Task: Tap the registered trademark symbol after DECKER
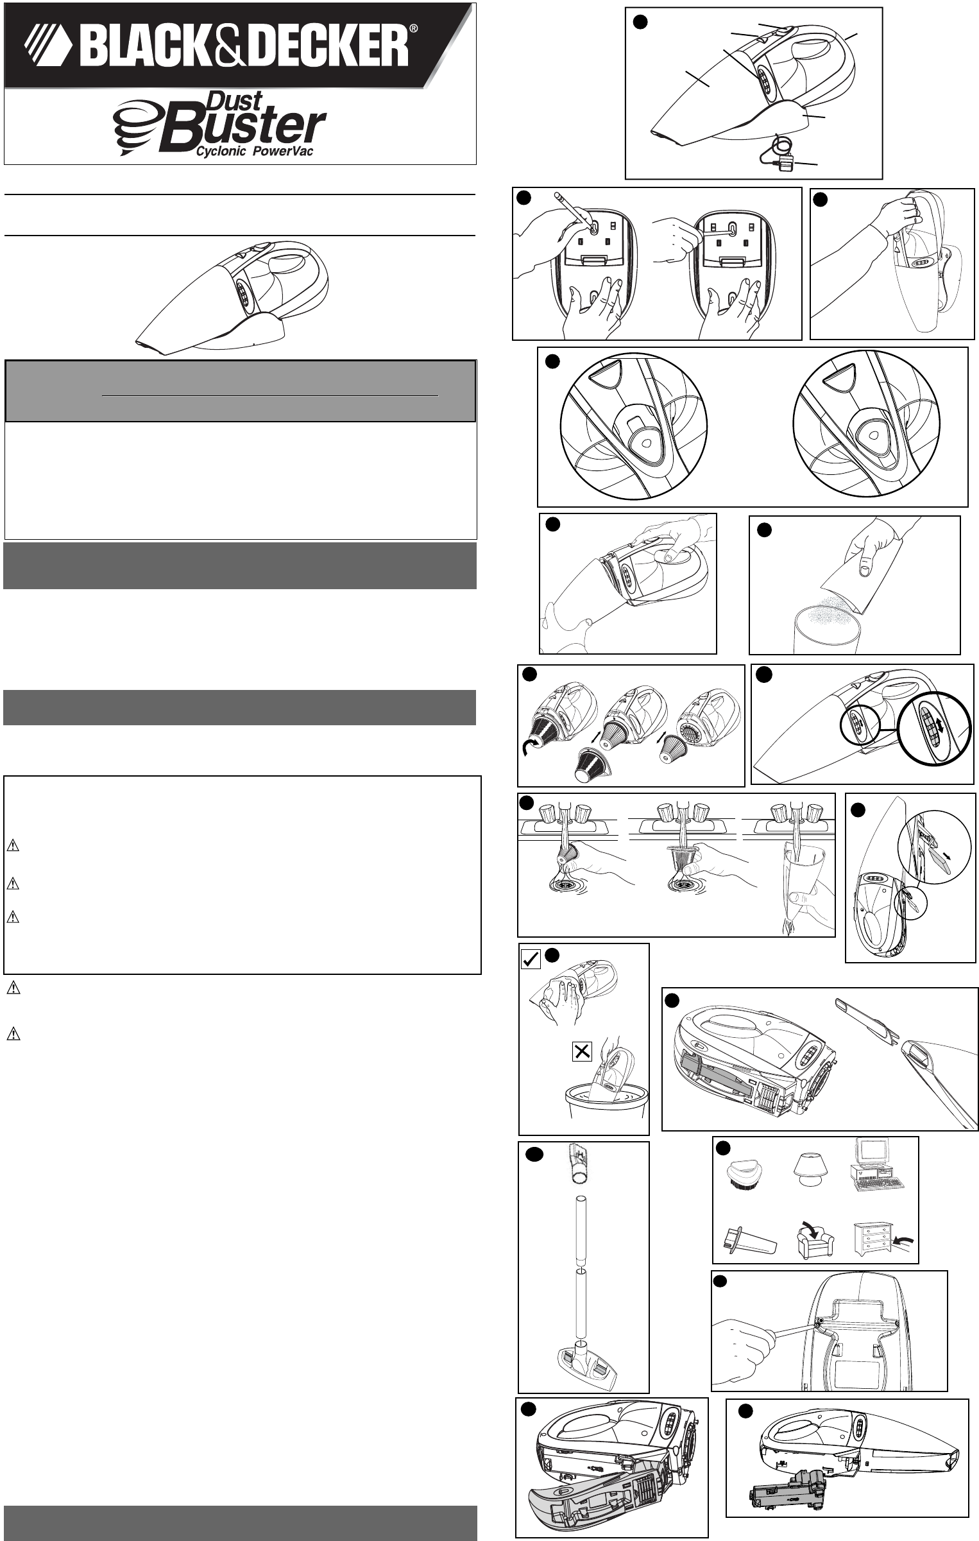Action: pos(414,29)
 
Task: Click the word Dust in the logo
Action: pos(235,101)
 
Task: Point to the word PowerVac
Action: pos(288,152)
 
